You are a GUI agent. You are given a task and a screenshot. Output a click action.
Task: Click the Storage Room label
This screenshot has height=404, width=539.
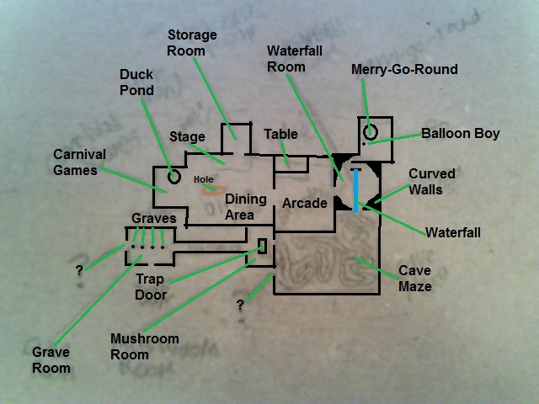click(x=192, y=43)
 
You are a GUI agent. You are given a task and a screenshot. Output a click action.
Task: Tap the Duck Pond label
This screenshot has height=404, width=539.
click(x=136, y=82)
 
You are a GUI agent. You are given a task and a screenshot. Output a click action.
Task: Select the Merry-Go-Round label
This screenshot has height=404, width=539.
click(x=404, y=69)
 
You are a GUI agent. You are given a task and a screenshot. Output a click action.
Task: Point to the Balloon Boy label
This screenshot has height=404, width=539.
click(x=461, y=133)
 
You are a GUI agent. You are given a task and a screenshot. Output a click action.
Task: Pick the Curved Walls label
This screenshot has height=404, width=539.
click(x=432, y=182)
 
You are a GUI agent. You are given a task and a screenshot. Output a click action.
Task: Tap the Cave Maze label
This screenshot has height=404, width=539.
click(x=415, y=279)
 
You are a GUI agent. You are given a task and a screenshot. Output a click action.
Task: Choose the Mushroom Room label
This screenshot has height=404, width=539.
click(x=145, y=347)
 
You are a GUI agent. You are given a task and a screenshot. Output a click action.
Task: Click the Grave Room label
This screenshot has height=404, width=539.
click(x=51, y=360)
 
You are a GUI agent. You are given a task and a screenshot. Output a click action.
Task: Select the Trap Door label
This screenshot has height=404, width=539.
click(x=152, y=287)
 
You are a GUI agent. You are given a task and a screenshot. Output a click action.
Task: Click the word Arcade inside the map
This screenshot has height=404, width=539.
click(x=304, y=203)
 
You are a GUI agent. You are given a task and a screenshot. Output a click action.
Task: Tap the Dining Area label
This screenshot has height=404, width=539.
click(x=245, y=207)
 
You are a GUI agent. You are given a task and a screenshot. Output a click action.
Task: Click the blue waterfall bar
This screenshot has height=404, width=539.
click(x=356, y=191)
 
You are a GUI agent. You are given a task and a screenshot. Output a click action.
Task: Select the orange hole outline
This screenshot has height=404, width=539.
click(x=210, y=188)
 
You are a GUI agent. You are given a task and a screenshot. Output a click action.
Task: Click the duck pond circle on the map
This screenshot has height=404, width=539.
click(x=174, y=177)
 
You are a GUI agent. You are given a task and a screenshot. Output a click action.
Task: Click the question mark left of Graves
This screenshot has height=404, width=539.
click(x=79, y=271)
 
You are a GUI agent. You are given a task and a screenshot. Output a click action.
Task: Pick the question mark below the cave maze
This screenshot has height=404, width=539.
click(x=240, y=304)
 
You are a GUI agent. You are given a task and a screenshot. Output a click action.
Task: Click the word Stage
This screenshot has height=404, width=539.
click(x=187, y=136)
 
